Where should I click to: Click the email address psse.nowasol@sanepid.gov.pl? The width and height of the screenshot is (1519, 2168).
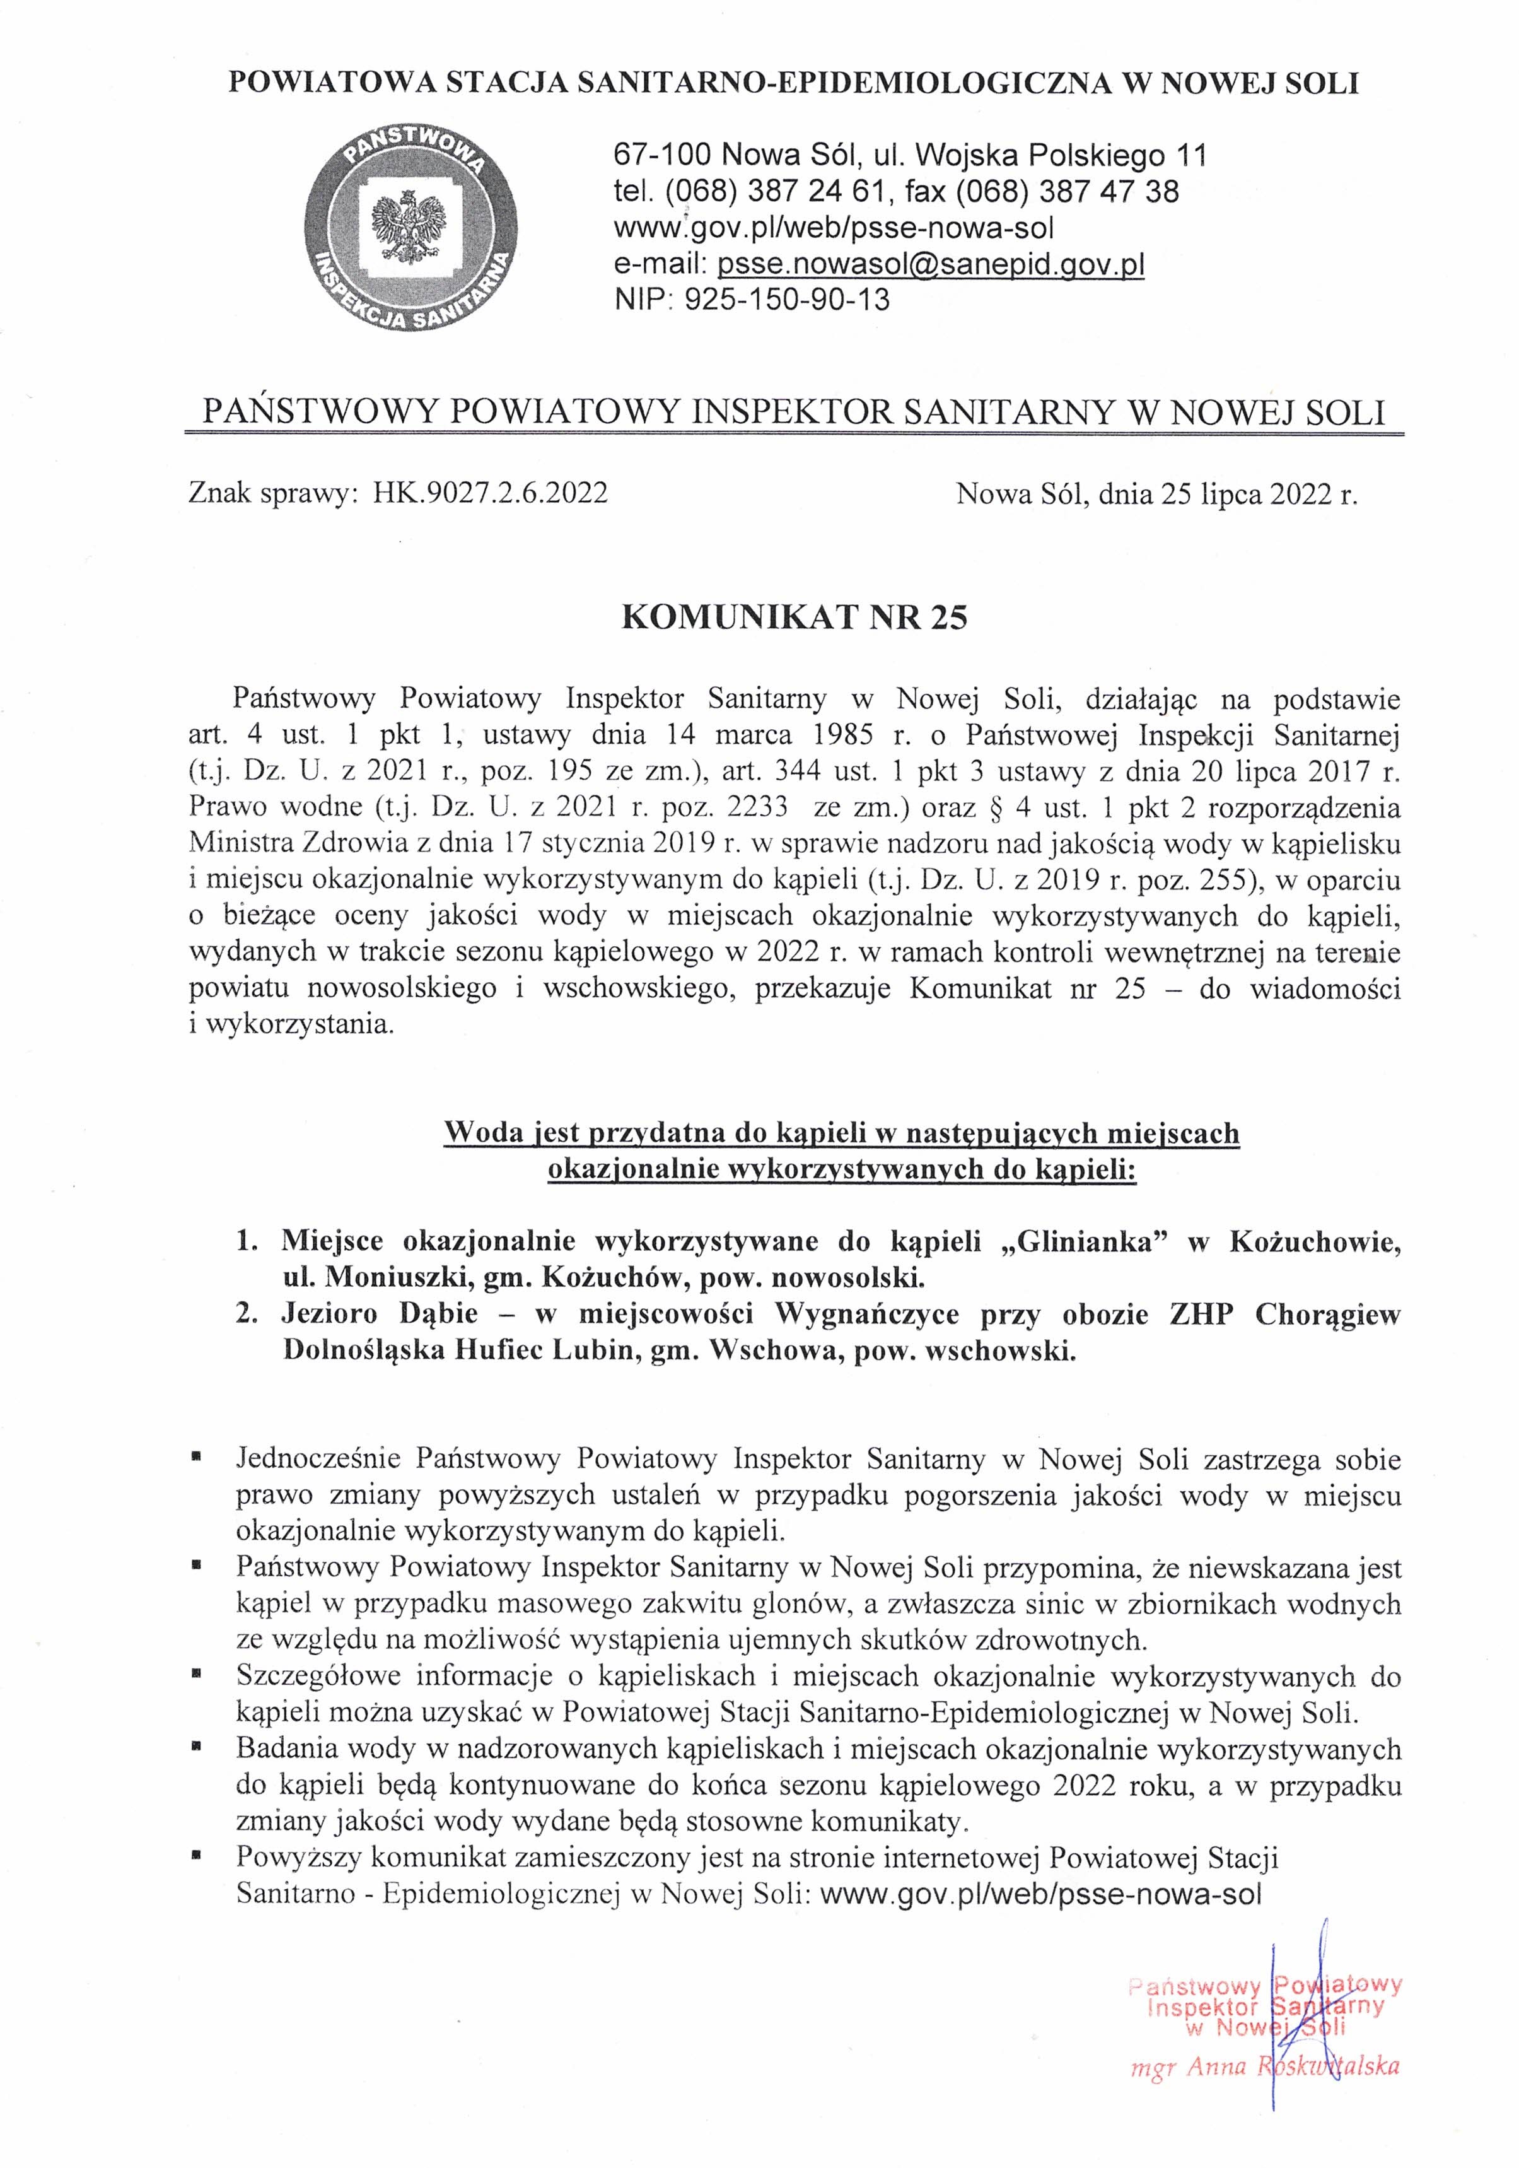click(931, 264)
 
